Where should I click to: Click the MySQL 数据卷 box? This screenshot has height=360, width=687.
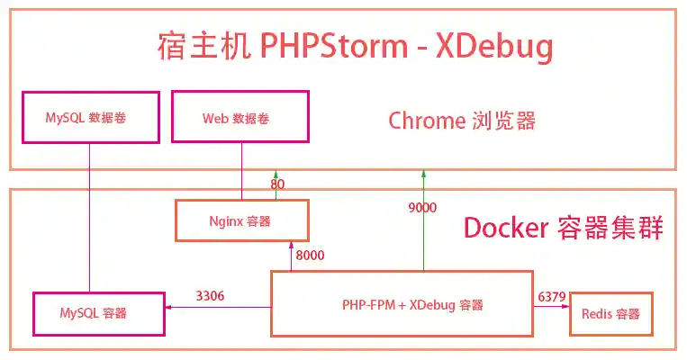(x=90, y=117)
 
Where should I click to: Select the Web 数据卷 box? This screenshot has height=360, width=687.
(x=240, y=117)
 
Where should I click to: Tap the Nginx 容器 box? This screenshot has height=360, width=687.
(x=240, y=220)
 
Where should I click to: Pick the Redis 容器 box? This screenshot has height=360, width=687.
(x=610, y=313)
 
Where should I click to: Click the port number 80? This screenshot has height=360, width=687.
(x=278, y=184)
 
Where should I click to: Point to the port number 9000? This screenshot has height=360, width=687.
(x=422, y=208)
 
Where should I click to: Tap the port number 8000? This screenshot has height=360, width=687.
(x=310, y=256)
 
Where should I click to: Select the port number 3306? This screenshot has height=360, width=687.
(x=211, y=295)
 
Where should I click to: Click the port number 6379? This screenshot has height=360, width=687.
(x=551, y=295)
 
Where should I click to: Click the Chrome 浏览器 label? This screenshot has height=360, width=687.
(x=461, y=121)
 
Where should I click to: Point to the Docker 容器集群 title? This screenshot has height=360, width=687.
(x=564, y=229)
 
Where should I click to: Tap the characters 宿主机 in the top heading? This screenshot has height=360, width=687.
(x=194, y=46)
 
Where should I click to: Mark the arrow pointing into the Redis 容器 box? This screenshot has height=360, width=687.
(x=551, y=306)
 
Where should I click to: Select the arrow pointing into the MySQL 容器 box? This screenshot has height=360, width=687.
(x=216, y=307)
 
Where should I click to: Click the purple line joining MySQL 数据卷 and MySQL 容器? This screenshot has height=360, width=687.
(x=90, y=216)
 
